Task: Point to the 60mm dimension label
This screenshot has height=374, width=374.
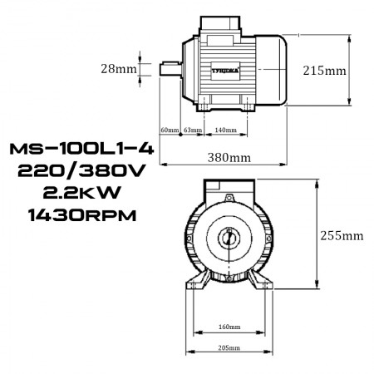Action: [x=169, y=130]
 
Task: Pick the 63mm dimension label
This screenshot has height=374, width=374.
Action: [x=191, y=130]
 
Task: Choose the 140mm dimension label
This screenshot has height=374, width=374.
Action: [x=225, y=130]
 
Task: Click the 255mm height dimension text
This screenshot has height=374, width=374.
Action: [x=342, y=235]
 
